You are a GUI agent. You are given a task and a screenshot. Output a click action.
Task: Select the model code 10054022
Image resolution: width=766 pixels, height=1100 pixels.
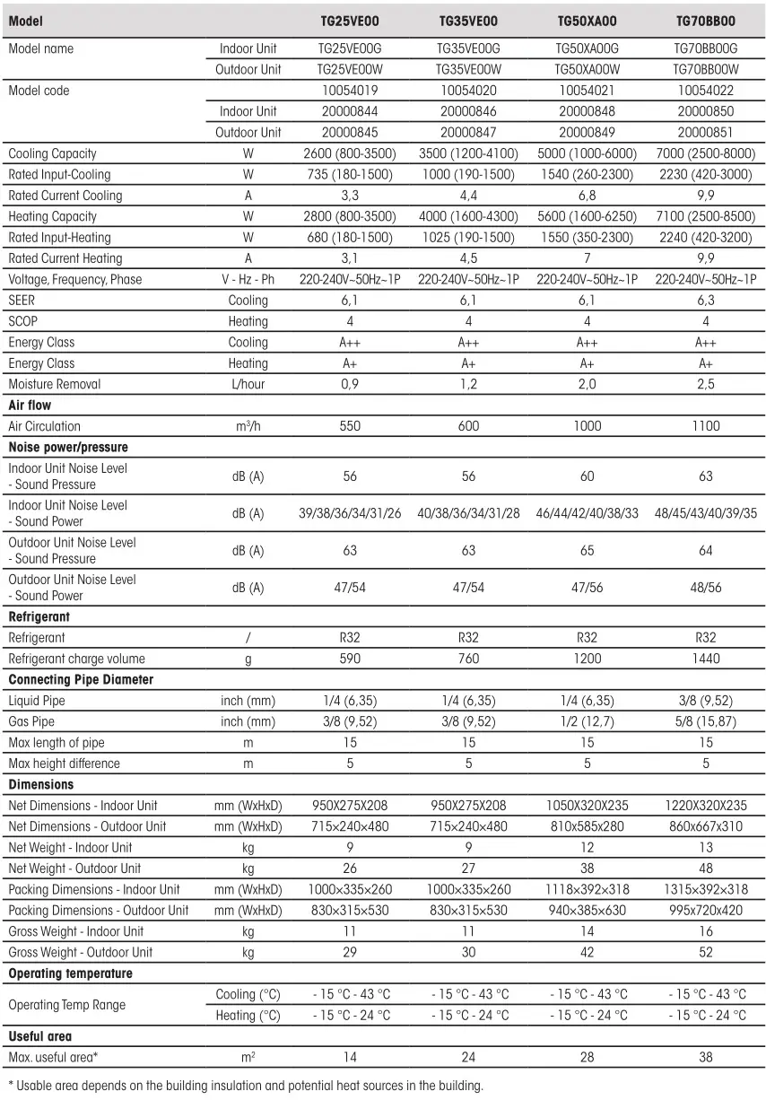[706, 90]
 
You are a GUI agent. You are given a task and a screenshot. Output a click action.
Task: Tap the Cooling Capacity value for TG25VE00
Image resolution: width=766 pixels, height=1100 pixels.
[350, 153]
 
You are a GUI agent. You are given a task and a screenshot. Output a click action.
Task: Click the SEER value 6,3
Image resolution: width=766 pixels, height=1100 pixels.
[706, 300]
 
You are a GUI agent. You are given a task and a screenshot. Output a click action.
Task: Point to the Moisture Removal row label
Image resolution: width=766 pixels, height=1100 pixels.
[55, 384]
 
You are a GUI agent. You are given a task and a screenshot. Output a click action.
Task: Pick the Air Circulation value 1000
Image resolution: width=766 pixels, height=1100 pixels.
[587, 426]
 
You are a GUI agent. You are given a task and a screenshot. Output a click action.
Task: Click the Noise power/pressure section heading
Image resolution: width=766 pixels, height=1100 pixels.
[68, 447]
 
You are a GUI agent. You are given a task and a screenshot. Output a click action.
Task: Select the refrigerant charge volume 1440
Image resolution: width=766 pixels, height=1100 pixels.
[706, 659]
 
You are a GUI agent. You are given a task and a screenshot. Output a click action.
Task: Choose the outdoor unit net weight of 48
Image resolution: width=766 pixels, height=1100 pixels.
[706, 868]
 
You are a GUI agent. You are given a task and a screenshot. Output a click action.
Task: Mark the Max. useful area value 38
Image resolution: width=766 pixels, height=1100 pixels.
[706, 1057]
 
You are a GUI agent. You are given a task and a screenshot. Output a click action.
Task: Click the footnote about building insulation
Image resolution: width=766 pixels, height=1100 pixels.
[245, 1085]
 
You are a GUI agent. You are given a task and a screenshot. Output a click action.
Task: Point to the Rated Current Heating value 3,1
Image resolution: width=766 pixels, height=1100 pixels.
[350, 258]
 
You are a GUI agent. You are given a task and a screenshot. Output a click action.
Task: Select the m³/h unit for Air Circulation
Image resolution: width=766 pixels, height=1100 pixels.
[248, 426]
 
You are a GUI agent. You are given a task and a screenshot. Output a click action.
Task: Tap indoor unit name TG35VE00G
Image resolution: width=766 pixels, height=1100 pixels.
[468, 48]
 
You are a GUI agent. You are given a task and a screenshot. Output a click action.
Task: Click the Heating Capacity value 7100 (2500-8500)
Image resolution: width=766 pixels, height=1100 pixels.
[706, 216]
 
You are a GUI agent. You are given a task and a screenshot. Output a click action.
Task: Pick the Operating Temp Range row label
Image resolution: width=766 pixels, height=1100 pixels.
[67, 1005]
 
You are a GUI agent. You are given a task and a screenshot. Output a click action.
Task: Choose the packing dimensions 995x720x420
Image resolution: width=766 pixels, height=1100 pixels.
[706, 910]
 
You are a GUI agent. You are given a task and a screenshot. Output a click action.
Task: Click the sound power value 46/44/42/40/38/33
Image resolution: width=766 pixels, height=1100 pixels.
[587, 513]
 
